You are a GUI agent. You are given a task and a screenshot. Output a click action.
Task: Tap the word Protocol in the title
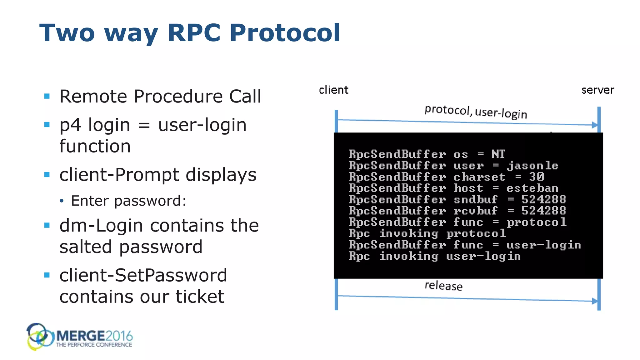(x=285, y=32)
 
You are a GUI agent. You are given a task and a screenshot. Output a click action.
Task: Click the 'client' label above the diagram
(x=333, y=90)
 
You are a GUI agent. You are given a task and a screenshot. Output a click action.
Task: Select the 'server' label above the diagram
(x=597, y=90)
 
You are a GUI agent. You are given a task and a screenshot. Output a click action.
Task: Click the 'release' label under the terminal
(x=443, y=286)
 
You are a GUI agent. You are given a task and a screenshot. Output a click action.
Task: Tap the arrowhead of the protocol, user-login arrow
(x=595, y=125)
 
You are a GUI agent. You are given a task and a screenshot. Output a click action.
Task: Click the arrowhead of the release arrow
(x=595, y=301)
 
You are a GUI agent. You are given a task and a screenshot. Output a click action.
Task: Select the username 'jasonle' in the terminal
(x=532, y=166)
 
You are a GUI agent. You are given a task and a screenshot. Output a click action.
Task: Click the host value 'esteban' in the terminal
(x=532, y=188)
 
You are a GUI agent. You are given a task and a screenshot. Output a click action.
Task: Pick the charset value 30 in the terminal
(x=537, y=177)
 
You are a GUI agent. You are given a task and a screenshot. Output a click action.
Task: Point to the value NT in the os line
(x=498, y=154)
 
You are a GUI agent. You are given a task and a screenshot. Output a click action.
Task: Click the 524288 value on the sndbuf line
(x=543, y=199)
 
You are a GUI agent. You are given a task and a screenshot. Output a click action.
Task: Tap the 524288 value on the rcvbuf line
(x=543, y=211)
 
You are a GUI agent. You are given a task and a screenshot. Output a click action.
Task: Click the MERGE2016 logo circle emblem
(x=39, y=337)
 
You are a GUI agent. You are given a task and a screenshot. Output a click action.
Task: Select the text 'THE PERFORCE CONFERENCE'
(x=94, y=345)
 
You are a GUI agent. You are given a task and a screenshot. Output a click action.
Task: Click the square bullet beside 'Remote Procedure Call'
(x=47, y=96)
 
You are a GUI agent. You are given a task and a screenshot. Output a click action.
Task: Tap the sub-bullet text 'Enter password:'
(x=128, y=201)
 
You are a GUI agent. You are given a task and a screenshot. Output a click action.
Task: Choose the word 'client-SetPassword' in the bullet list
(x=143, y=275)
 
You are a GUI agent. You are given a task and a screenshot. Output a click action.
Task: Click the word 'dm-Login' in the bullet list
(x=101, y=225)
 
